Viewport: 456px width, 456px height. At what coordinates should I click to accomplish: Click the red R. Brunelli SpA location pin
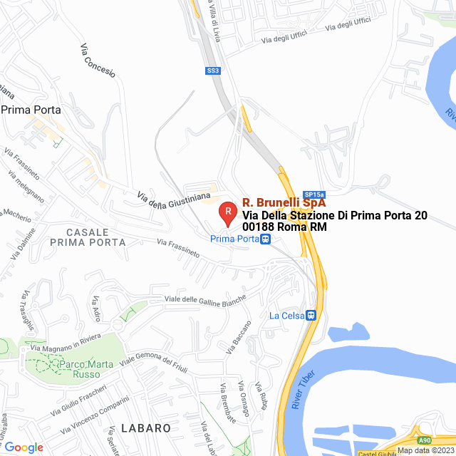[x=227, y=212]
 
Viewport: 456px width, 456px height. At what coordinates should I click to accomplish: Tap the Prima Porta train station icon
[x=265, y=239]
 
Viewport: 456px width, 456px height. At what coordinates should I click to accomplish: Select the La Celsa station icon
[x=311, y=315]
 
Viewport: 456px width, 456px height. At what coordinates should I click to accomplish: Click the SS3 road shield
[x=213, y=71]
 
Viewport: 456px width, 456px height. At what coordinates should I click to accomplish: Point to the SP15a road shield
[x=313, y=194]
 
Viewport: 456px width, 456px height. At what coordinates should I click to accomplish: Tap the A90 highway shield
[x=425, y=440]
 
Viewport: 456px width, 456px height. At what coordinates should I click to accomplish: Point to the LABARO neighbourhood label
[x=146, y=428]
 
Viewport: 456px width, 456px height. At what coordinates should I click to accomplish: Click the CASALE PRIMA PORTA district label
[x=88, y=237]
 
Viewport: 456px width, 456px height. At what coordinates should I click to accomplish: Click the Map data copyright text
[x=425, y=450]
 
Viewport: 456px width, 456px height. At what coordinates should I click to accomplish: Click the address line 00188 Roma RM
[x=284, y=227]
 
